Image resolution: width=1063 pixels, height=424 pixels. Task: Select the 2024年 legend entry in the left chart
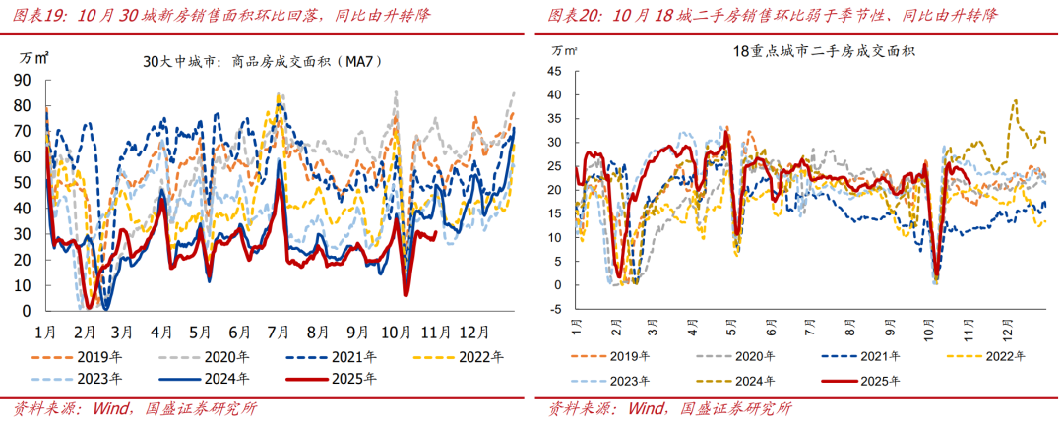coord(224,377)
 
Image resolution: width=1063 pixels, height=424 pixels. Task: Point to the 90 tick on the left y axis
coord(21,80)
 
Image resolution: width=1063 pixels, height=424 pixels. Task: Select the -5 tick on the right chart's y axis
coord(555,309)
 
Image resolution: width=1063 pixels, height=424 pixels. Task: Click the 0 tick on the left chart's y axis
coord(26,311)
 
